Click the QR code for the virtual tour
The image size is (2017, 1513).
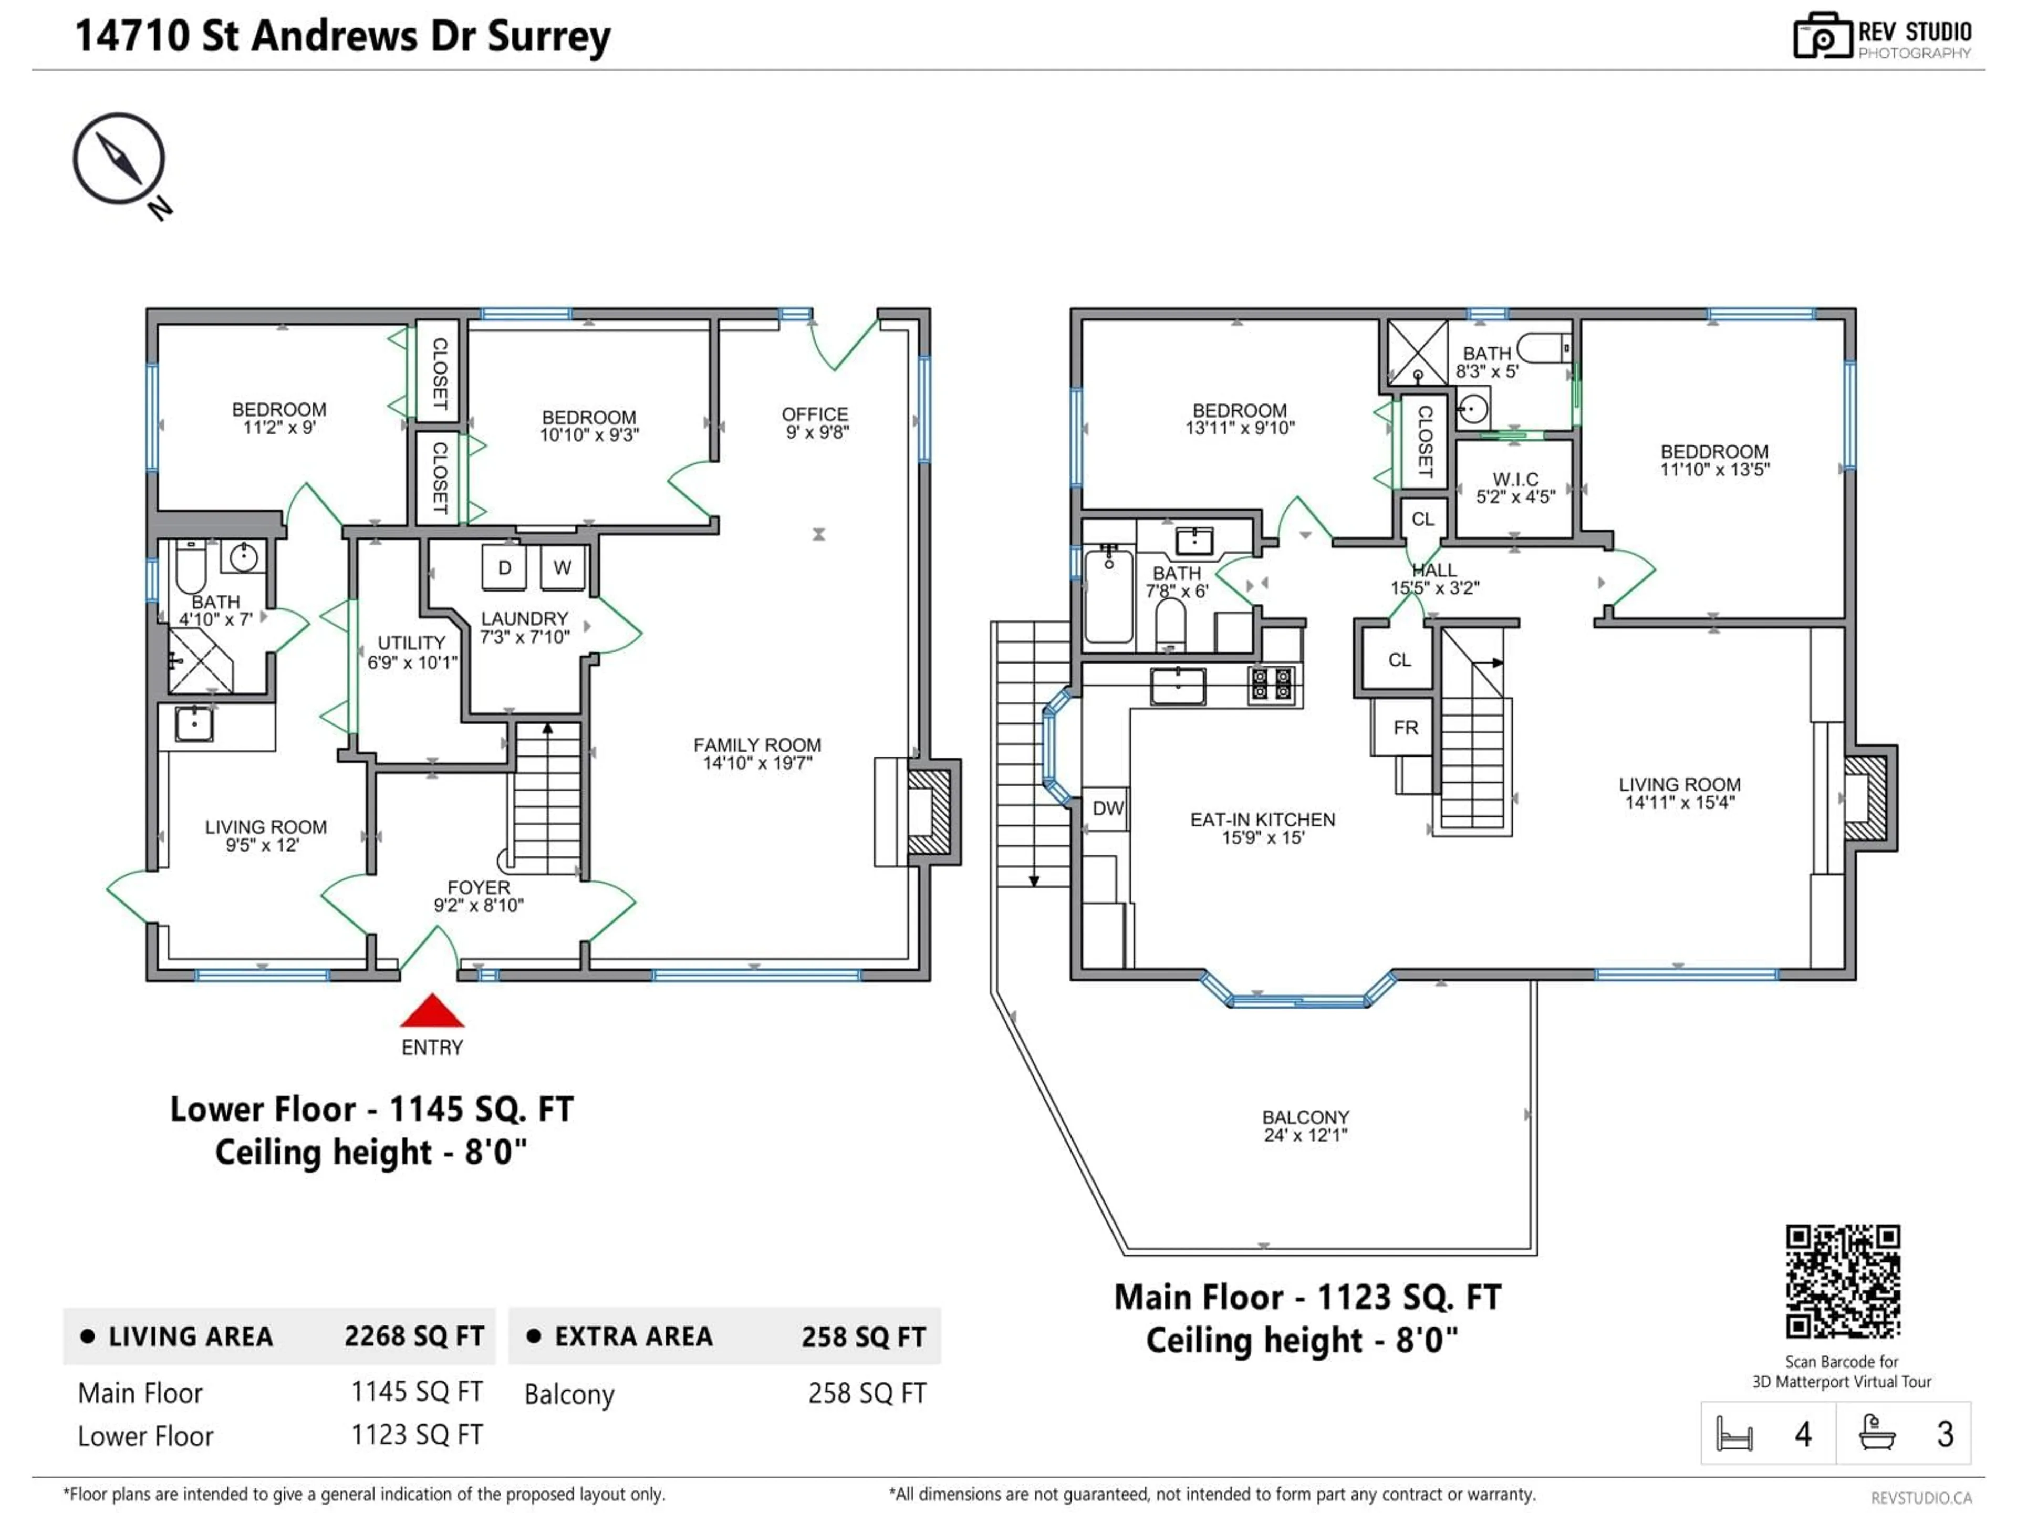pyautogui.click(x=1842, y=1280)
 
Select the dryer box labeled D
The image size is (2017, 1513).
pyautogui.click(x=504, y=567)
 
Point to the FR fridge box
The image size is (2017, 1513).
pyautogui.click(x=1405, y=727)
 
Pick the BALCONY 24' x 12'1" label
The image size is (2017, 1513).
pyautogui.click(x=1305, y=1125)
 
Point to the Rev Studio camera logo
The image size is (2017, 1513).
pyautogui.click(x=1821, y=36)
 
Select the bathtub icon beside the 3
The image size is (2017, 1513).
pyautogui.click(x=1877, y=1433)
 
